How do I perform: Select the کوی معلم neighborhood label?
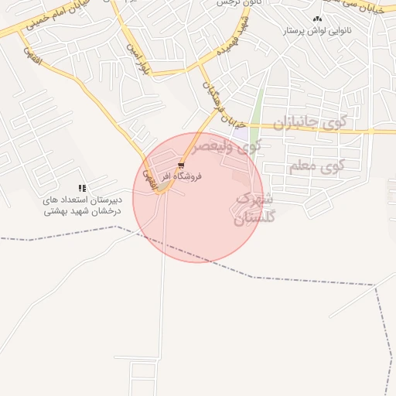click(315, 166)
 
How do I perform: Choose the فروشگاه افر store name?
click(183, 176)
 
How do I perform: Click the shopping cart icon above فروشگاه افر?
click(181, 166)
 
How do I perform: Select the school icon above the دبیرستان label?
click(82, 188)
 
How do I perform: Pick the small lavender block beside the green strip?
click(241, 134)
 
